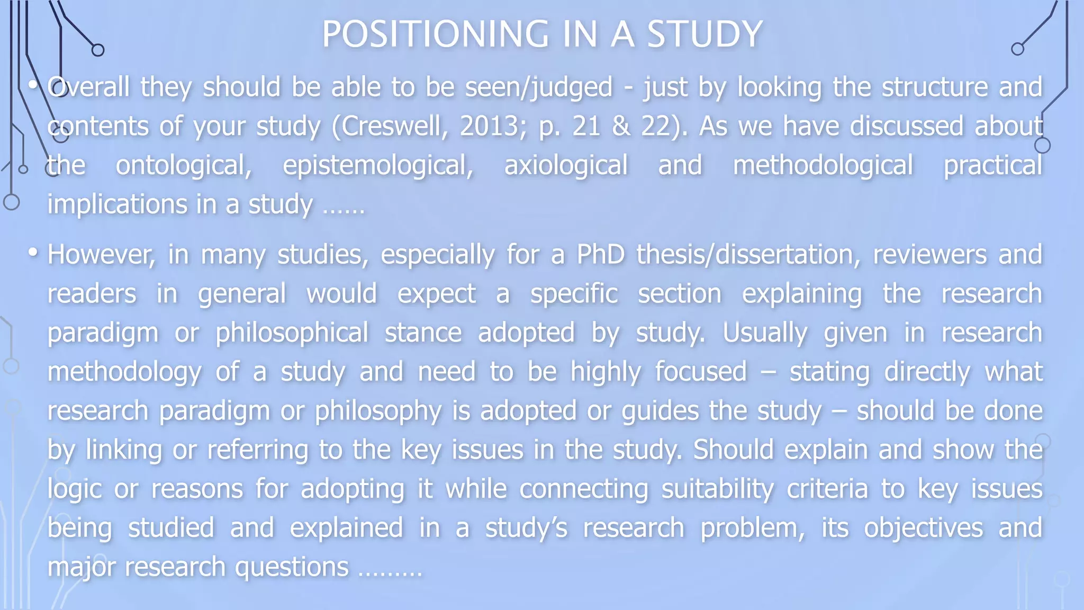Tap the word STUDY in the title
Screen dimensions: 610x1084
pos(704,34)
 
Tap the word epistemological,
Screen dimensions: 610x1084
pos(378,166)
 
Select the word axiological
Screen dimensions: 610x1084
pos(565,166)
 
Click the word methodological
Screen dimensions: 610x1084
pos(823,166)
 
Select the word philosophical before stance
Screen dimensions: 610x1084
pos(291,333)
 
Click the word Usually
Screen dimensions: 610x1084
pos(765,333)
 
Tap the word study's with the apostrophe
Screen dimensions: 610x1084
pos(526,528)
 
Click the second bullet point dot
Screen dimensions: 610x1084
pos(33,253)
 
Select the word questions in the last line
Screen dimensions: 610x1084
pos(292,567)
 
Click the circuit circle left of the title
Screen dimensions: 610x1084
pos(98,50)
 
